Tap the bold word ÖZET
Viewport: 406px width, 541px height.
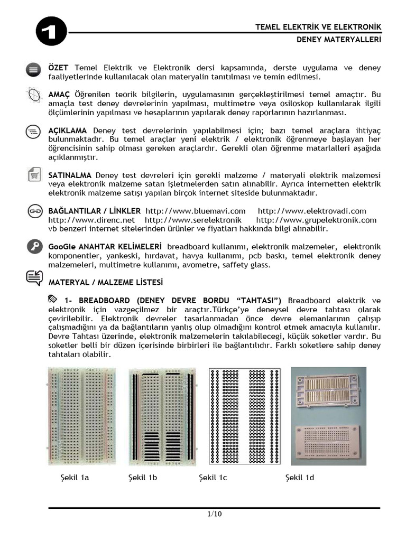point(59,69)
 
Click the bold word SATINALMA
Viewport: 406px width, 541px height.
point(70,175)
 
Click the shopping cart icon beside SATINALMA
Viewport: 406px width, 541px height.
point(34,175)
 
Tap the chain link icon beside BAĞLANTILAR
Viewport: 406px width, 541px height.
point(34,211)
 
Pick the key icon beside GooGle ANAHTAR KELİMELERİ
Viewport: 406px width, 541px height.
point(34,246)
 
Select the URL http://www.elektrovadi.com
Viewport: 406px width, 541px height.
point(312,211)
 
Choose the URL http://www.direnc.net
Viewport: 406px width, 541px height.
point(91,220)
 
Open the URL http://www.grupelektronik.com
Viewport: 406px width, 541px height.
point(316,220)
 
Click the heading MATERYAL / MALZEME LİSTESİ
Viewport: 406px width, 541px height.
point(106,282)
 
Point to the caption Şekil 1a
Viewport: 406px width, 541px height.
point(75,478)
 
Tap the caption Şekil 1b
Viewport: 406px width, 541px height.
point(143,478)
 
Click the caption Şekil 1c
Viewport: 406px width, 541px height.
point(213,478)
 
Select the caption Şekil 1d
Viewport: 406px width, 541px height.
point(300,478)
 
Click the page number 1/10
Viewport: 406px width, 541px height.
point(214,515)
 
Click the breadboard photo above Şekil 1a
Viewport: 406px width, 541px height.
point(82,415)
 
